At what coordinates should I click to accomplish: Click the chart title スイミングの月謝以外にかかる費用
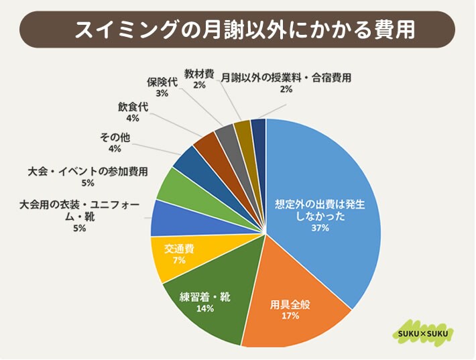pyautogui.click(x=238, y=29)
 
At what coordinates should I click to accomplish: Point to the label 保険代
pyautogui.click(x=162, y=82)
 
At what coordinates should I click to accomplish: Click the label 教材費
pyautogui.click(x=199, y=74)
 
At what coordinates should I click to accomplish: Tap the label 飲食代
pyautogui.click(x=132, y=107)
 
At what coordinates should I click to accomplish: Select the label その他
pyautogui.click(x=115, y=137)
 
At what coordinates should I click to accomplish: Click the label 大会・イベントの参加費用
pyautogui.click(x=88, y=171)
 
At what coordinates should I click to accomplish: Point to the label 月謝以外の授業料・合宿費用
pyautogui.click(x=286, y=78)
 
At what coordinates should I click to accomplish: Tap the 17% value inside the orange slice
pyautogui.click(x=290, y=314)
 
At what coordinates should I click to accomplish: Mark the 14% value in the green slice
pyautogui.click(x=205, y=308)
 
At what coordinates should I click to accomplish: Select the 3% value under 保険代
pyautogui.click(x=162, y=94)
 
